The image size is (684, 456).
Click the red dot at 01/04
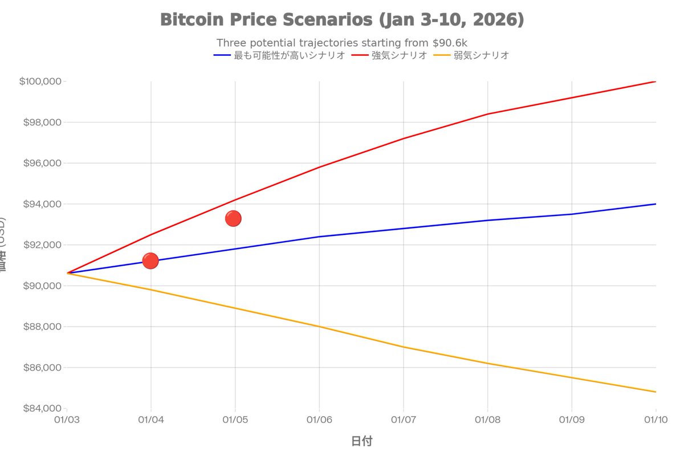(150, 261)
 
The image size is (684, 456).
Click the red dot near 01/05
(233, 218)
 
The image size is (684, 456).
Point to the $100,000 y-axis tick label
(40, 82)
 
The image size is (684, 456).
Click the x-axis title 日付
(361, 441)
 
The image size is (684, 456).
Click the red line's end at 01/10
(655, 82)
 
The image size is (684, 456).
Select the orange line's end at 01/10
(655, 392)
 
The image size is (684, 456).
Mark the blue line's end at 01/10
(655, 204)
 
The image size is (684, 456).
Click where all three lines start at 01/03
(67, 273)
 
